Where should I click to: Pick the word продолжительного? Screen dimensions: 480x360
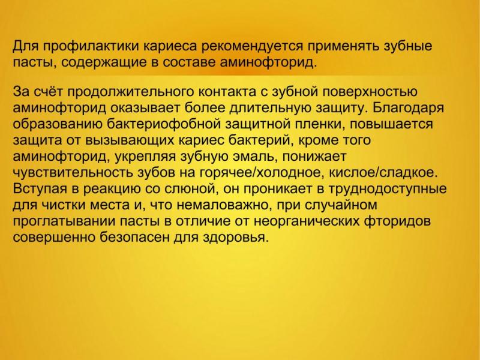click(131, 92)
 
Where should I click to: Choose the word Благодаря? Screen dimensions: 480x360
click(409, 109)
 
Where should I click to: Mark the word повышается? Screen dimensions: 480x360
click(391, 124)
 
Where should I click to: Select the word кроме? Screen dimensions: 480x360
click(317, 140)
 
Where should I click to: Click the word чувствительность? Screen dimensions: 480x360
click(73, 173)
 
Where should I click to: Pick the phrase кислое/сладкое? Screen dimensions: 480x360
click(383, 173)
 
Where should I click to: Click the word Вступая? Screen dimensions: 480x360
click(40, 189)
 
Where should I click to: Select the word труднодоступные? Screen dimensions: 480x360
click(388, 189)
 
